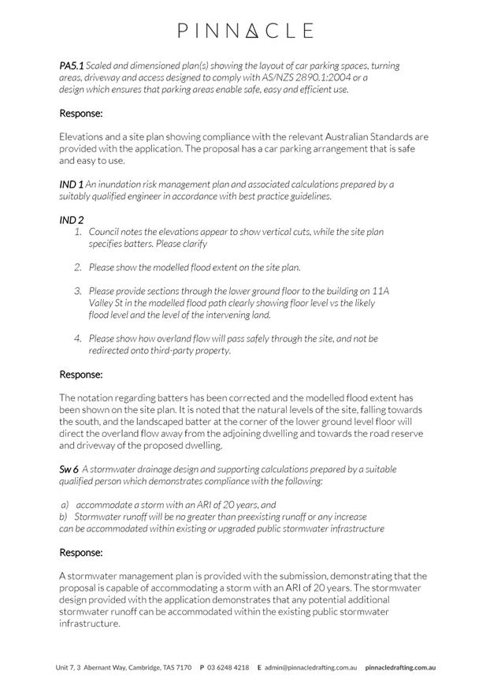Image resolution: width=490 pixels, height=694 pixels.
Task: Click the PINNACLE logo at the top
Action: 245,31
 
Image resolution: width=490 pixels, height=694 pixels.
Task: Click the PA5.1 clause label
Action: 71,65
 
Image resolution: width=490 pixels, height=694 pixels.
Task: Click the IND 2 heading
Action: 71,220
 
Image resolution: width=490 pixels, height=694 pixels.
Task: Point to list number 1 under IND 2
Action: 78,232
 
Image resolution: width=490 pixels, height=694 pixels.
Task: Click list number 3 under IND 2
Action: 78,291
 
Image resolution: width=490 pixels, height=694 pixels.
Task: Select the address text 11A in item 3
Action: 380,291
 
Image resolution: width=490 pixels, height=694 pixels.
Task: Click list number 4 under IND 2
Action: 78,338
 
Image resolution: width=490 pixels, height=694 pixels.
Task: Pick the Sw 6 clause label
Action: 69,469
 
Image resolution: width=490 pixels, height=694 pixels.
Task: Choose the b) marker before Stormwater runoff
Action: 64,517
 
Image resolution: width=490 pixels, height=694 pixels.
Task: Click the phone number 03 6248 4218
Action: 228,667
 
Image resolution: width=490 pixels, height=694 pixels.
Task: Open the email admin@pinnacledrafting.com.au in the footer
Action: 310,667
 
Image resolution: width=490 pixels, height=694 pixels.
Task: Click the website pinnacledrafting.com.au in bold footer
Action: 400,667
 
